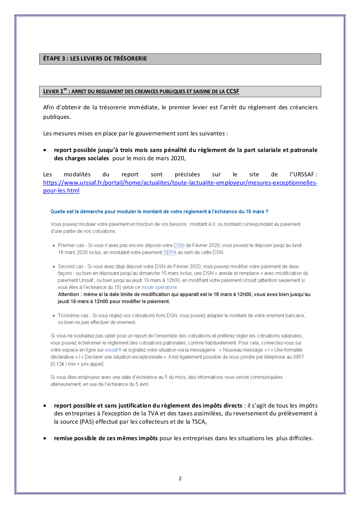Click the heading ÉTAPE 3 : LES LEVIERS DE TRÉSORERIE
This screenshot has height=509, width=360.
click(95, 58)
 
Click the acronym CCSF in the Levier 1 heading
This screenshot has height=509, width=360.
click(233, 91)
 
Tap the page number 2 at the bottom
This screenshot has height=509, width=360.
click(180, 479)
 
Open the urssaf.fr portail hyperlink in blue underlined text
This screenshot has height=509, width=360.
click(180, 183)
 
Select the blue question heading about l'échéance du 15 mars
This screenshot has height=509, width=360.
click(159, 212)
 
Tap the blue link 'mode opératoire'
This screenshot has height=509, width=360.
click(159, 287)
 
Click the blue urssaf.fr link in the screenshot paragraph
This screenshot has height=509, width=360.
click(113, 349)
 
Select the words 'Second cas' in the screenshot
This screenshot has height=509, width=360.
click(69, 266)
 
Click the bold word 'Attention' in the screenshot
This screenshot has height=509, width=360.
click(69, 294)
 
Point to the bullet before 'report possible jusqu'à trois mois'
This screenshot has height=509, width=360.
click(45, 150)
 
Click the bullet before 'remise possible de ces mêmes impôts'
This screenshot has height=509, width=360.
click(45, 438)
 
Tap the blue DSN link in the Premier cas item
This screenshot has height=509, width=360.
click(179, 245)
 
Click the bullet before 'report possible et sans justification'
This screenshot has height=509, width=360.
click(45, 405)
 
